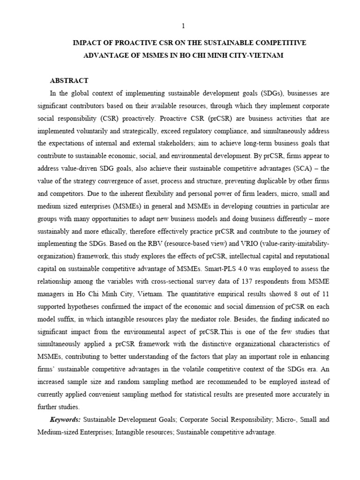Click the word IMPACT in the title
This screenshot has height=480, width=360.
pos(88,43)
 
